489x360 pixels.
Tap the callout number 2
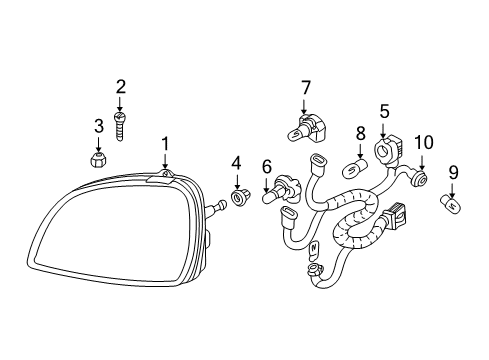point(120,87)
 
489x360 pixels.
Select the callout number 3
point(99,125)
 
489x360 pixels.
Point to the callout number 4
point(236,162)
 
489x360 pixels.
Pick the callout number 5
point(383,112)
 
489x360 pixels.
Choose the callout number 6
point(267,166)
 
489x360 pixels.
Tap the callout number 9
point(453,172)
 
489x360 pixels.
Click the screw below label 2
point(120,125)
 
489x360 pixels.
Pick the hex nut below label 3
point(99,159)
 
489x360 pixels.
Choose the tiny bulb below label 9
point(452,205)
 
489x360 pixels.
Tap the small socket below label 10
point(422,181)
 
